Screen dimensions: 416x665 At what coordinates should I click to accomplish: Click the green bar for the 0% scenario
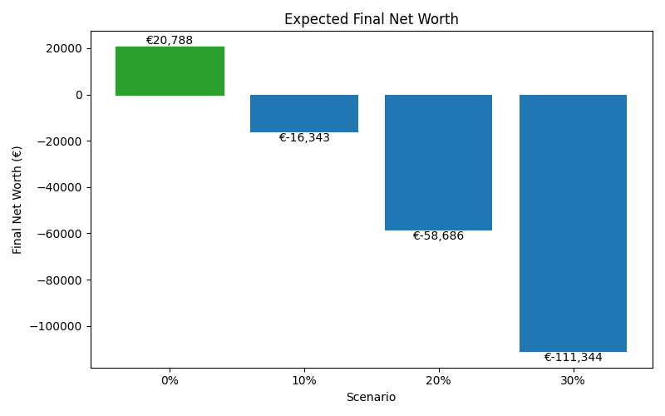[x=170, y=71]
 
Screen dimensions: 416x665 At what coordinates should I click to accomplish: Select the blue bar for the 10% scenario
[x=304, y=113]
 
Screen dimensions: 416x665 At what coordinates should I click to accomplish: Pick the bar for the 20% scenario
[x=438, y=162]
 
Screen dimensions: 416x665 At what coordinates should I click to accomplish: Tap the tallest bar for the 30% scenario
[x=573, y=223]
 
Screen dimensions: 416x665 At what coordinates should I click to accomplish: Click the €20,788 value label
[x=170, y=40]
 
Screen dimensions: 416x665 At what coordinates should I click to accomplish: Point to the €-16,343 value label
[x=304, y=138]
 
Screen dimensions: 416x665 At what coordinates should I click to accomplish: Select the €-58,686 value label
[x=438, y=236]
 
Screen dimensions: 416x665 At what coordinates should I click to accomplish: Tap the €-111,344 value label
[x=573, y=358]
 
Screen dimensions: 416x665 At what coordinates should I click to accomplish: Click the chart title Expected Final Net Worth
[x=371, y=19]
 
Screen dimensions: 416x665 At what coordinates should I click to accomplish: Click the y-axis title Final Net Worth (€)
[x=17, y=200]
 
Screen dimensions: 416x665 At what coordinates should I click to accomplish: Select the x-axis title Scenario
[x=371, y=398]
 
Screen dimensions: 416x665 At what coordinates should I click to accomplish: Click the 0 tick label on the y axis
[x=79, y=95]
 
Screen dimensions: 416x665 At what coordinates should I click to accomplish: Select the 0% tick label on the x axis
[x=170, y=380]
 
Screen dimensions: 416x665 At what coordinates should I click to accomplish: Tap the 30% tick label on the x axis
[x=573, y=380]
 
